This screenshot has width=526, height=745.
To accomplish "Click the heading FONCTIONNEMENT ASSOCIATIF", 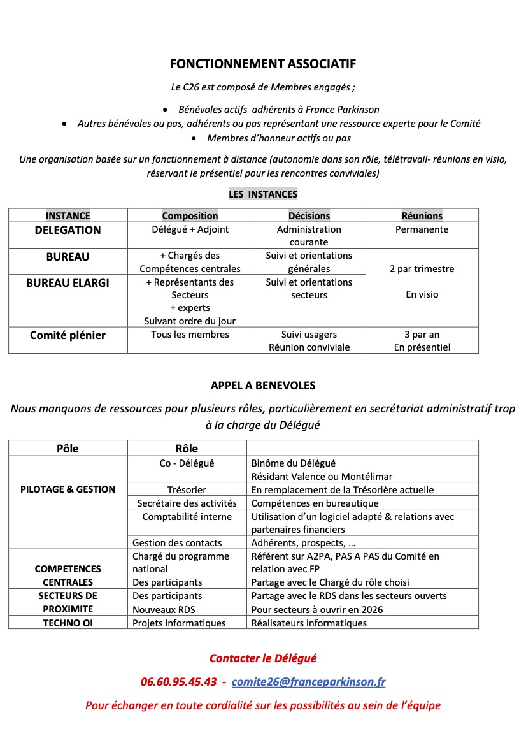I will click(262, 64).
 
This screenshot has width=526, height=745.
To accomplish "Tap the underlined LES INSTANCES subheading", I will click(263, 194).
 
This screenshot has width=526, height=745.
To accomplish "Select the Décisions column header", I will click(309, 216).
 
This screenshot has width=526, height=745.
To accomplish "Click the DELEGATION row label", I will click(68, 230).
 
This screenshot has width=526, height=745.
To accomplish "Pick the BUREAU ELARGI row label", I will click(68, 283).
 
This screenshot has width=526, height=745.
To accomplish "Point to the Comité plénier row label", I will click(68, 335).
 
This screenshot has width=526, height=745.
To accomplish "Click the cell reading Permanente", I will click(422, 229).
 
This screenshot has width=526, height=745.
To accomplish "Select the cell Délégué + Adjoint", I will click(190, 229).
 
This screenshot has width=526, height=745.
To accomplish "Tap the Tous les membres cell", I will click(190, 335).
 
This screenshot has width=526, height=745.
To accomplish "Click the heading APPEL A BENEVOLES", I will click(263, 386).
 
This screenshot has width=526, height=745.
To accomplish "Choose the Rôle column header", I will click(187, 449).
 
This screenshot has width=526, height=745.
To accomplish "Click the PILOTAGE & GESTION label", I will click(68, 489).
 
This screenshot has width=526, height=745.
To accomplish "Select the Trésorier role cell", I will click(187, 490).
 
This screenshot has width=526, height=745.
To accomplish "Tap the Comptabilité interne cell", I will click(187, 517).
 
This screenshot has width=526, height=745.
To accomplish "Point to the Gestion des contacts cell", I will click(177, 543).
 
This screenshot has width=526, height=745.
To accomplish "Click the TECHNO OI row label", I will click(68, 623).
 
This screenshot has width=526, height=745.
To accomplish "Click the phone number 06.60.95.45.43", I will click(179, 682).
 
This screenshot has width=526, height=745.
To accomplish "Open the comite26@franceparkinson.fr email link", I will click(308, 682).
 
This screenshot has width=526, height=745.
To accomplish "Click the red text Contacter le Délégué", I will click(262, 658).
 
